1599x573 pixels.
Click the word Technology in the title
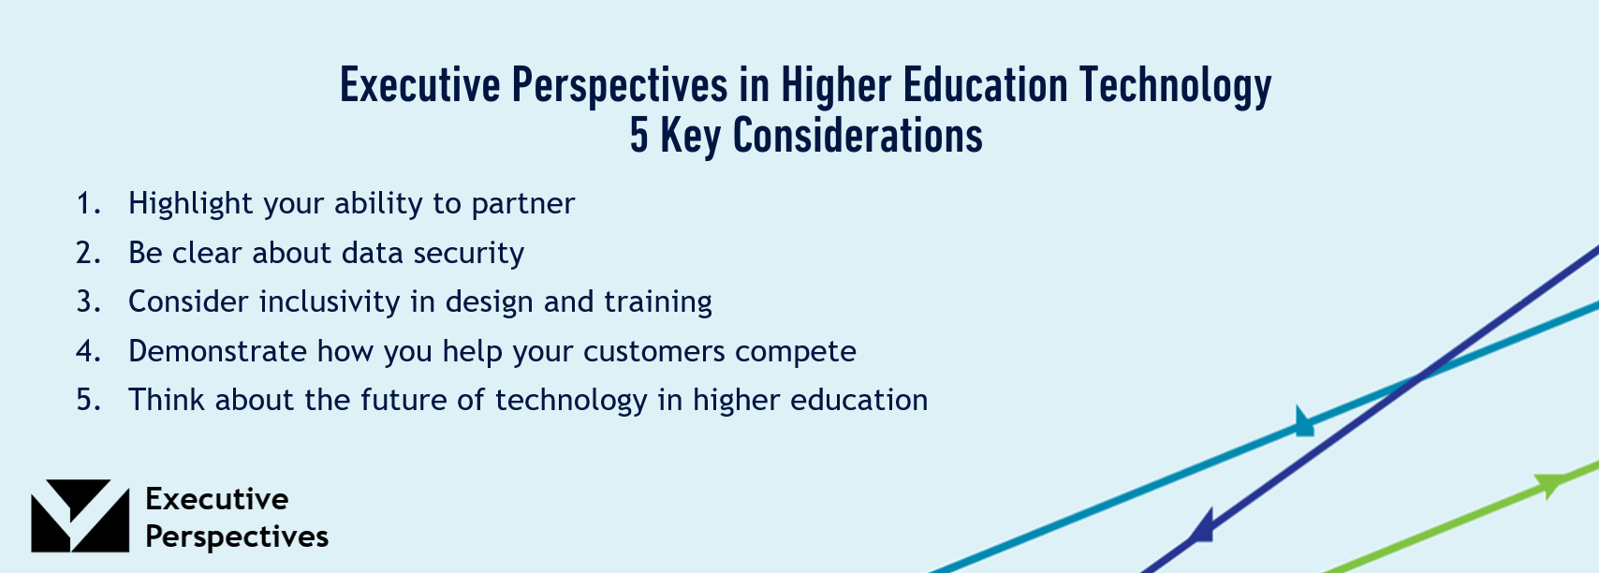pos(1175,85)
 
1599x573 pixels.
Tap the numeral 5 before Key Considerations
pos(638,136)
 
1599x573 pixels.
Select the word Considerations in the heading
pos(858,136)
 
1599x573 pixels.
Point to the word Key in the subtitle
pos(690,138)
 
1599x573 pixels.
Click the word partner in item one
pos(523,205)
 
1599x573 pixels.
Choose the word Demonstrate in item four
pos(218,351)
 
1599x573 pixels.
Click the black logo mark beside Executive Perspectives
pos(80,516)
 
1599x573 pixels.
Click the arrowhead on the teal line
pos(1303,421)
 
